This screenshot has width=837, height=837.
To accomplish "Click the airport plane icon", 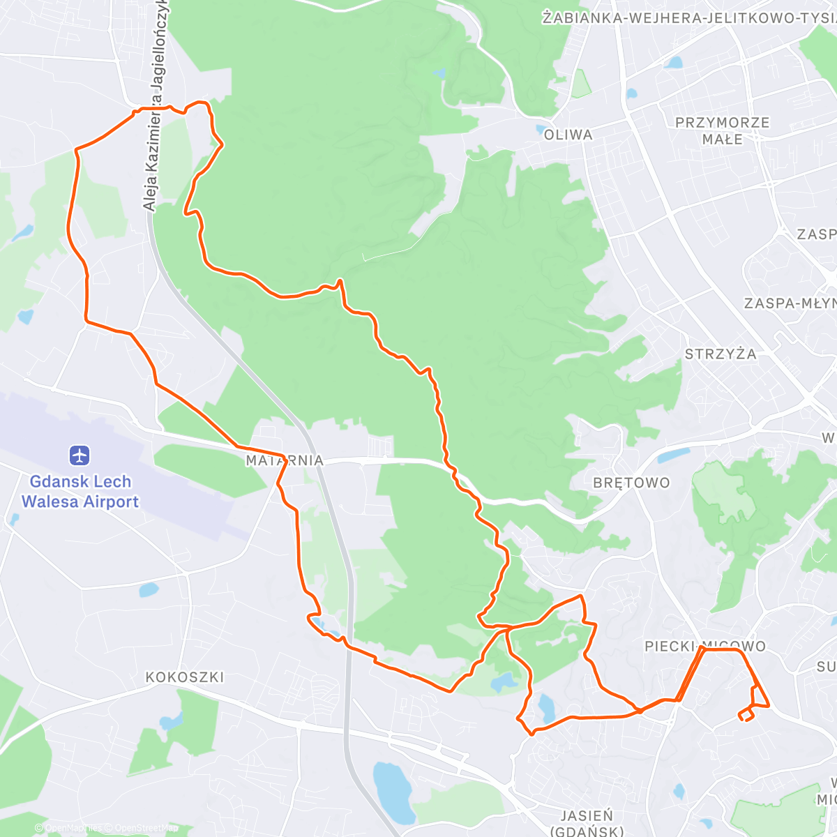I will pos(80,456).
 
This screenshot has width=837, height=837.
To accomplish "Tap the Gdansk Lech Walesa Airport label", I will pos(80,492).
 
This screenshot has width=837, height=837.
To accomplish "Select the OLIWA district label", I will pos(568,135).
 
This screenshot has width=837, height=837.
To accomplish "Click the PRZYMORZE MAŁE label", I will pos(723,130).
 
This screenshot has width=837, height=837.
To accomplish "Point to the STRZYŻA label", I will pos(721,354).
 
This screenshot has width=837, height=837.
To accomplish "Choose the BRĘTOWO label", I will pos(631,483).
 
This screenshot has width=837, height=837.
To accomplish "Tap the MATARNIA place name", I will pos(285,460).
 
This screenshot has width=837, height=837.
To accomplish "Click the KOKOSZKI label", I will pos(184,677).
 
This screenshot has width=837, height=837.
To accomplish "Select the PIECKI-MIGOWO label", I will pos(704,647).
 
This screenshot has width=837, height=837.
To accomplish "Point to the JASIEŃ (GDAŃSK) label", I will pos(587,822).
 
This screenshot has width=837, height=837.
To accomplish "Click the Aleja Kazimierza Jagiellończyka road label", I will pos(155,105).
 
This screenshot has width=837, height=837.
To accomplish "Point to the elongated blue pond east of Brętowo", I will pos(673,456).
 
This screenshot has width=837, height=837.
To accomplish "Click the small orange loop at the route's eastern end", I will pos(747,714).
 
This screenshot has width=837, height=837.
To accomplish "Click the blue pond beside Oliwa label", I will pos(541,128).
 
